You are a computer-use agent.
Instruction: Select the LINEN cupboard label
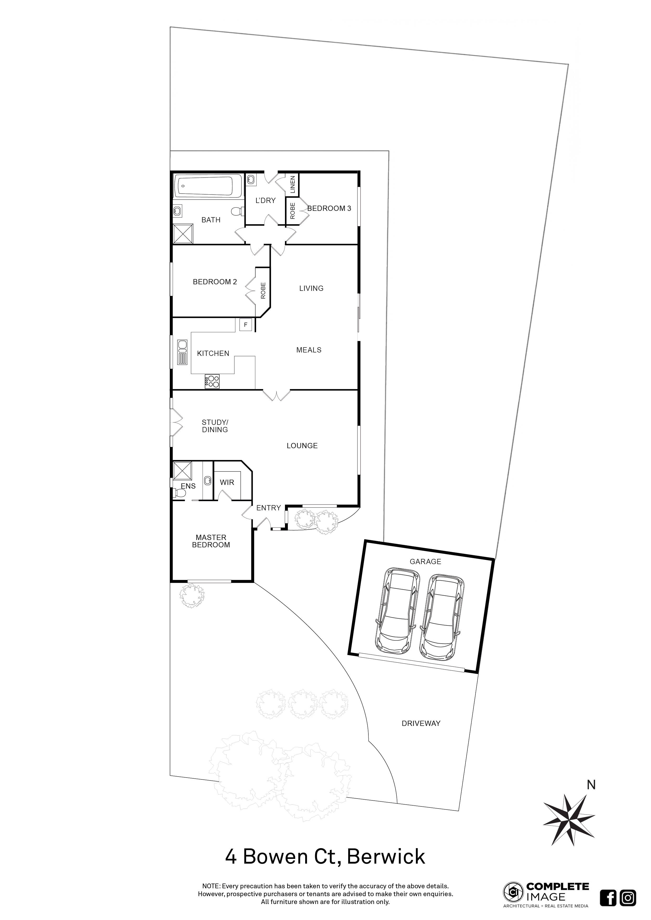293,185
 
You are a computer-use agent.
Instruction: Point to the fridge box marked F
246,325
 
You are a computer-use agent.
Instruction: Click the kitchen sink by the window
182,352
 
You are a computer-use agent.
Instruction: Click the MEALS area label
309,350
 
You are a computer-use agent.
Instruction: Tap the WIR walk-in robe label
227,483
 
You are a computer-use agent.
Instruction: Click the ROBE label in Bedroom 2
263,291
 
